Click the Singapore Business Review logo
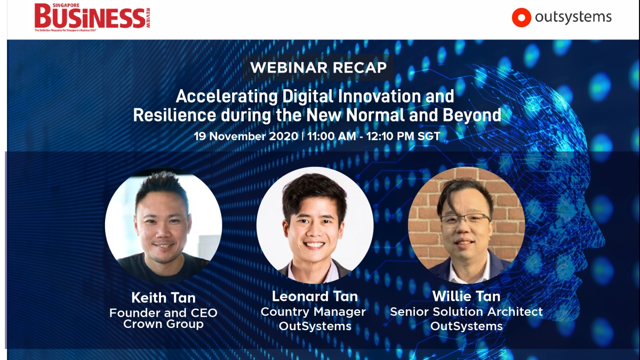click(x=92, y=17)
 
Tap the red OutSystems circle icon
click(x=521, y=18)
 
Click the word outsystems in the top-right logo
click(x=573, y=17)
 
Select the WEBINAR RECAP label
click(x=318, y=67)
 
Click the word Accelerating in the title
click(x=227, y=97)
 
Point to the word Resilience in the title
click(x=174, y=115)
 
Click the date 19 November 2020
click(x=246, y=136)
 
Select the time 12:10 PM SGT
click(x=403, y=136)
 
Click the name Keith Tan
click(x=163, y=298)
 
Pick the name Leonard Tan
click(x=315, y=297)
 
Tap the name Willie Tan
click(x=466, y=297)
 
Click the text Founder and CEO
click(x=163, y=313)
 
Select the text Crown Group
click(x=163, y=324)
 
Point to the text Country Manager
click(x=313, y=311)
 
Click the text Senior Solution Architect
click(x=466, y=311)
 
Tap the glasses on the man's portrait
click(x=465, y=220)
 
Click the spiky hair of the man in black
click(x=162, y=186)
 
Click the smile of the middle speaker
click(x=314, y=245)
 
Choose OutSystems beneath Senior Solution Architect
click(x=466, y=326)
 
